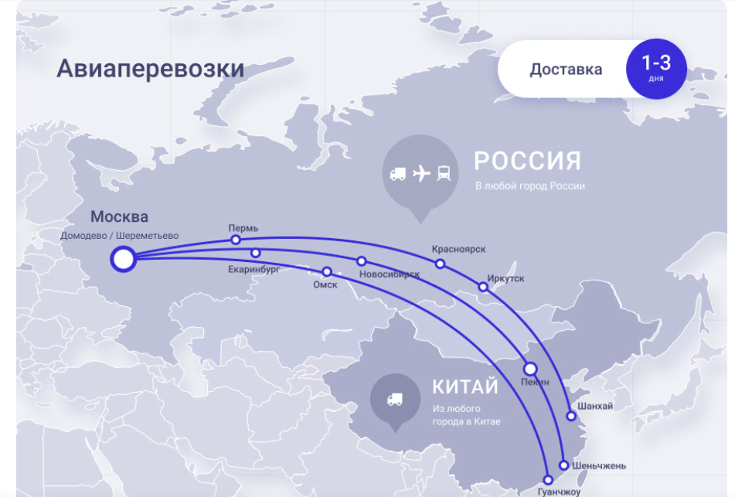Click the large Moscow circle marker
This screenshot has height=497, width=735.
123,259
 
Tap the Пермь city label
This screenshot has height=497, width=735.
243,228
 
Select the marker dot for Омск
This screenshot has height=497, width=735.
327,271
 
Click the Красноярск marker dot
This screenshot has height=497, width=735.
440,264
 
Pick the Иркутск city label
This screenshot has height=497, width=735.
505,277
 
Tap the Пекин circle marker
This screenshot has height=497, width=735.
530,369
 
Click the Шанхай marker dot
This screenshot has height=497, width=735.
571,416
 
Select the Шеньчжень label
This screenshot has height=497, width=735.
600,465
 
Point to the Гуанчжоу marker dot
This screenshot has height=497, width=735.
549,479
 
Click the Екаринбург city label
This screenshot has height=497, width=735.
254,270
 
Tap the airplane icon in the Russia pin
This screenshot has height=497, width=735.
421,173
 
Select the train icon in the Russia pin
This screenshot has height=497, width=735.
444,173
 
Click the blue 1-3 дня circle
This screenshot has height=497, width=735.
655,69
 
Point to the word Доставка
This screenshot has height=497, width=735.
566,70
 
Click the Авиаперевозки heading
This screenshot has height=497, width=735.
150,69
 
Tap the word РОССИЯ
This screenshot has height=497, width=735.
527,161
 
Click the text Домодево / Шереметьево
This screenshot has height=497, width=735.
119,235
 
